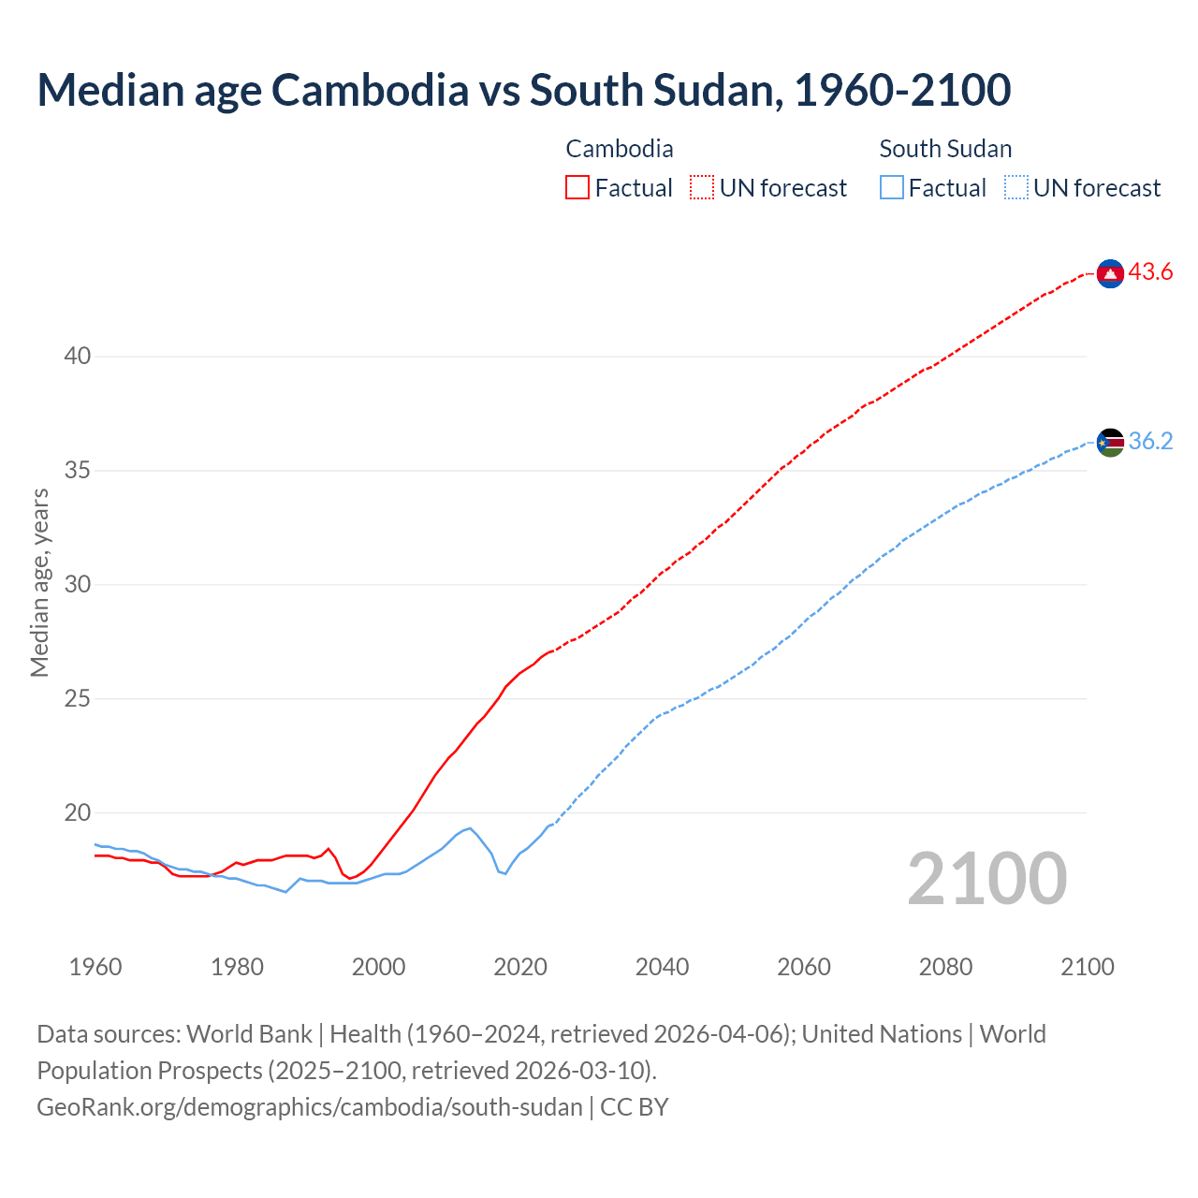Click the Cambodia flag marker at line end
point(1110,273)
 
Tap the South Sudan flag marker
point(1110,442)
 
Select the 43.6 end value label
point(1150,272)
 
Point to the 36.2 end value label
point(1150,441)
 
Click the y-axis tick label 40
point(78,356)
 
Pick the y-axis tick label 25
point(78,698)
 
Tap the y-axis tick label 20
point(78,812)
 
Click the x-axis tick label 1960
point(95,967)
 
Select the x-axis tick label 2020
point(520,967)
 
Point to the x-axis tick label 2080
point(945,967)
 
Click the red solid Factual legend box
point(577,188)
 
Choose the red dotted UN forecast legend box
point(702,188)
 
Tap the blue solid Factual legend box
point(892,188)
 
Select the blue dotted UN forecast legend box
point(1016,188)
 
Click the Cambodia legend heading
point(620,149)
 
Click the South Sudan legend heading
point(945,149)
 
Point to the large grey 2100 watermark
point(987,879)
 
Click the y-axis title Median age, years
point(39,582)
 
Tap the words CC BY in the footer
point(635,1107)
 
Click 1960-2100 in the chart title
point(902,90)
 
